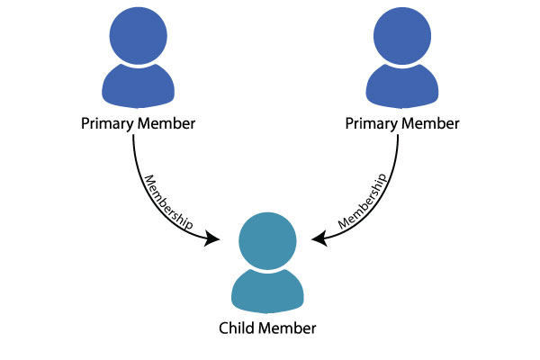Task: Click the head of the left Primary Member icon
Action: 138,36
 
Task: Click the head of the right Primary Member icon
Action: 402,36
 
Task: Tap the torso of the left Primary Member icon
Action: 138,86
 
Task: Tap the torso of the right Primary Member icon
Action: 402,86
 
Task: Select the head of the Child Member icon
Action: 267,241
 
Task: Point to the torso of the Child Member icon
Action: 267,291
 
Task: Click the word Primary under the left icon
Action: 107,124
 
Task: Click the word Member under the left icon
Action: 166,123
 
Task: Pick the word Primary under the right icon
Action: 372,124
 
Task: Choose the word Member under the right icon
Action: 431,123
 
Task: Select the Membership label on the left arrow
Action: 167,203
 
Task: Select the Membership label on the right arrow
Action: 363,202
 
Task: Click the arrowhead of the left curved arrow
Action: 211,238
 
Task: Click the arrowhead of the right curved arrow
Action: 319,238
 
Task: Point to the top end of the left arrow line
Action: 133,135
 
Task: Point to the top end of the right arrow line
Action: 398,135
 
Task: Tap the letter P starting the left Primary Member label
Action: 85,123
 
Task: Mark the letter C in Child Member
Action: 224,328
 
